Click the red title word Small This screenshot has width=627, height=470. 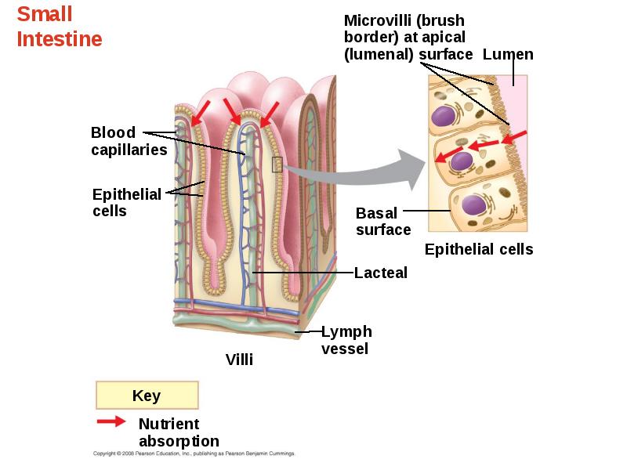click(45, 14)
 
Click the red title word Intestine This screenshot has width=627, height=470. click(60, 39)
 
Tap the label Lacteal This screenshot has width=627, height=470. click(381, 273)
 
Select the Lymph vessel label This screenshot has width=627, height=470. click(346, 340)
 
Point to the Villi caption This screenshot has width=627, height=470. click(239, 360)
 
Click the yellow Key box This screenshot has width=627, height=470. click(147, 396)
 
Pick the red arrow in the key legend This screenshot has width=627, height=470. click(111, 421)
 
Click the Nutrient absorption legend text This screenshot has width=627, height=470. click(179, 432)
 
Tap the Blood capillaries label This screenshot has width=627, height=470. click(129, 141)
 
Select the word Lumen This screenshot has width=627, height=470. click(508, 54)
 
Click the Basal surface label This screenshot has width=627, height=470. click(383, 222)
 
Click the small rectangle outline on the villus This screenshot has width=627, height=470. click(277, 164)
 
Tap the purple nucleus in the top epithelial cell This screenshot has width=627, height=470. click(444, 116)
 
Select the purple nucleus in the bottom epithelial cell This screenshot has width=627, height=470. click(474, 205)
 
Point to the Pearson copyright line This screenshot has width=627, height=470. click(194, 454)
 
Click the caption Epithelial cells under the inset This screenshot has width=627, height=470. click(479, 249)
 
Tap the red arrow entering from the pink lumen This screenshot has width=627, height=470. click(514, 137)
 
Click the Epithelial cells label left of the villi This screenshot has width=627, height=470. click(127, 203)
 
